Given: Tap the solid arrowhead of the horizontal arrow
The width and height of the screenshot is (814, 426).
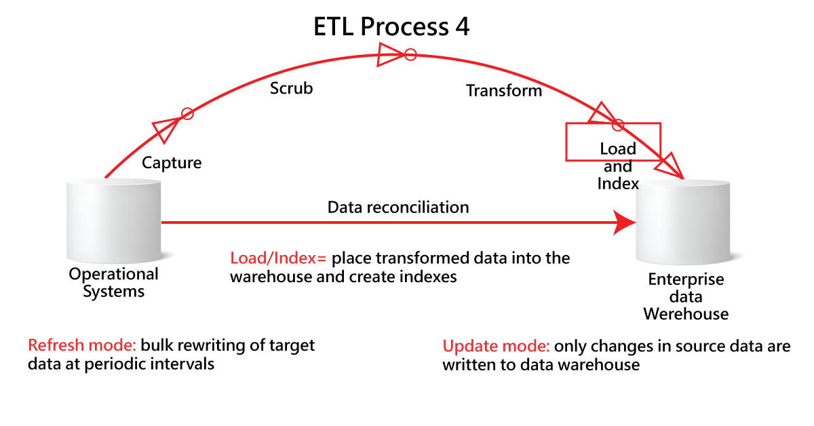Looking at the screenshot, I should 625,222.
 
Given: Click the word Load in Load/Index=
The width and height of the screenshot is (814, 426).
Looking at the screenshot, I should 247,258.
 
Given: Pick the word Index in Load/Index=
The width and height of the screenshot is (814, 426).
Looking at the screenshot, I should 293,258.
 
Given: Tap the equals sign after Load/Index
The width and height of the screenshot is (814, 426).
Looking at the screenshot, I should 322,258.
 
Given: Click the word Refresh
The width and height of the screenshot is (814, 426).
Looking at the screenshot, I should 56,345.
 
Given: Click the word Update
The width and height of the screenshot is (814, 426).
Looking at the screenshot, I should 469,346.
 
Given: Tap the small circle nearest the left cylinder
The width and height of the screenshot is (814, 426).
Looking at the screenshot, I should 188,114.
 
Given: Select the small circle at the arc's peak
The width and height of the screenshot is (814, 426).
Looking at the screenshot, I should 410,54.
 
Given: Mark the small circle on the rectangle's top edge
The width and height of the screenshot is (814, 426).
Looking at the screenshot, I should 617,125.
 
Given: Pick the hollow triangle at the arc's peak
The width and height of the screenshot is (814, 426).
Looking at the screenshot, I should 389,54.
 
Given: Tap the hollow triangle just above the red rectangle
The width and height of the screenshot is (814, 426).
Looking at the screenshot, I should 601,113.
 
